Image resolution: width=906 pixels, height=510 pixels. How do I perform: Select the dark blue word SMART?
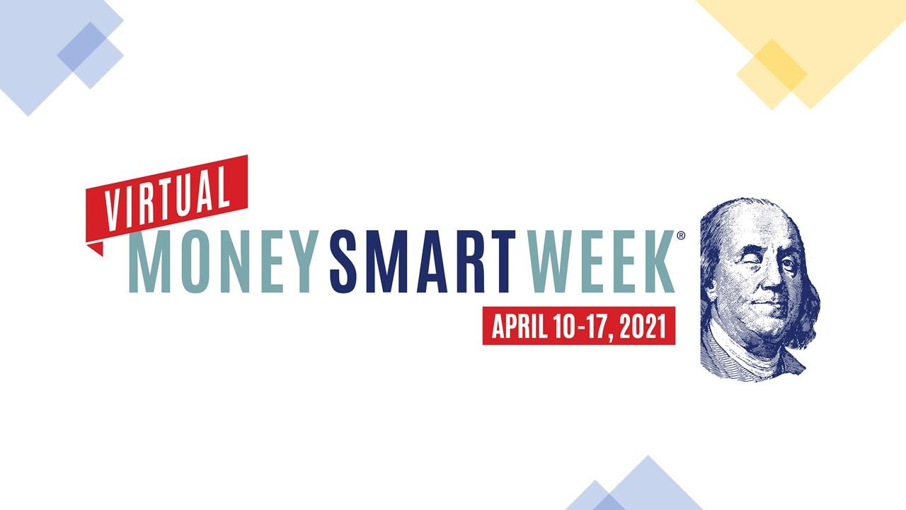tap(422, 261)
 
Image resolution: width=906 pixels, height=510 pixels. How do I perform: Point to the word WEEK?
tap(601, 261)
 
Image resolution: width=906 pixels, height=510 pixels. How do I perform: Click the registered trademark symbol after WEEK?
tap(681, 236)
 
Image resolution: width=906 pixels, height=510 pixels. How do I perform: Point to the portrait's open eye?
tap(786, 263)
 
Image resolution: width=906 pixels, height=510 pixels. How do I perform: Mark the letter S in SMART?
tap(346, 261)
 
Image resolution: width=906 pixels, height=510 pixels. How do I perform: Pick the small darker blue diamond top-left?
tap(91, 55)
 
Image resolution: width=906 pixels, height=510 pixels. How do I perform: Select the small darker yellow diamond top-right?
tap(772, 74)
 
